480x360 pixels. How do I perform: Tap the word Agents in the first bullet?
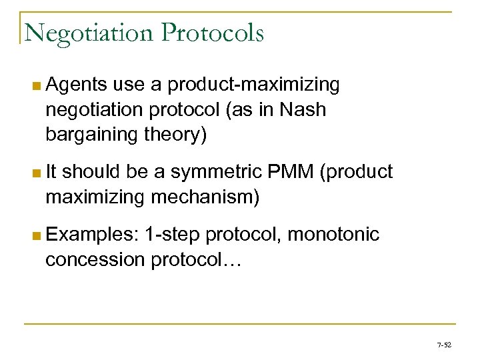tap(77, 85)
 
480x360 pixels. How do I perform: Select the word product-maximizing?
tap(253, 85)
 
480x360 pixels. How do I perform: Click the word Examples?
tap(93, 234)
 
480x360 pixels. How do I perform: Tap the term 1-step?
tap(173, 234)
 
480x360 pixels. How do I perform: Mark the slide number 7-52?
tap(443, 345)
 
